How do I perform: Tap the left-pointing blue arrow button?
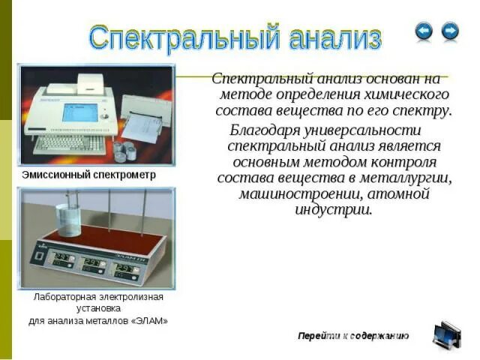pos(424,31)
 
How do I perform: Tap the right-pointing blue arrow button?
pos(450,31)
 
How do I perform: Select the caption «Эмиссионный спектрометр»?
pos(88,175)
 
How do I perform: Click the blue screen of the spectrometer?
pos(79,112)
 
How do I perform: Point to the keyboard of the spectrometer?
pos(70,142)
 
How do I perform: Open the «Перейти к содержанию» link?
pos(353,335)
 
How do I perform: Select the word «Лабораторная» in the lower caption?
pos(63,297)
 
